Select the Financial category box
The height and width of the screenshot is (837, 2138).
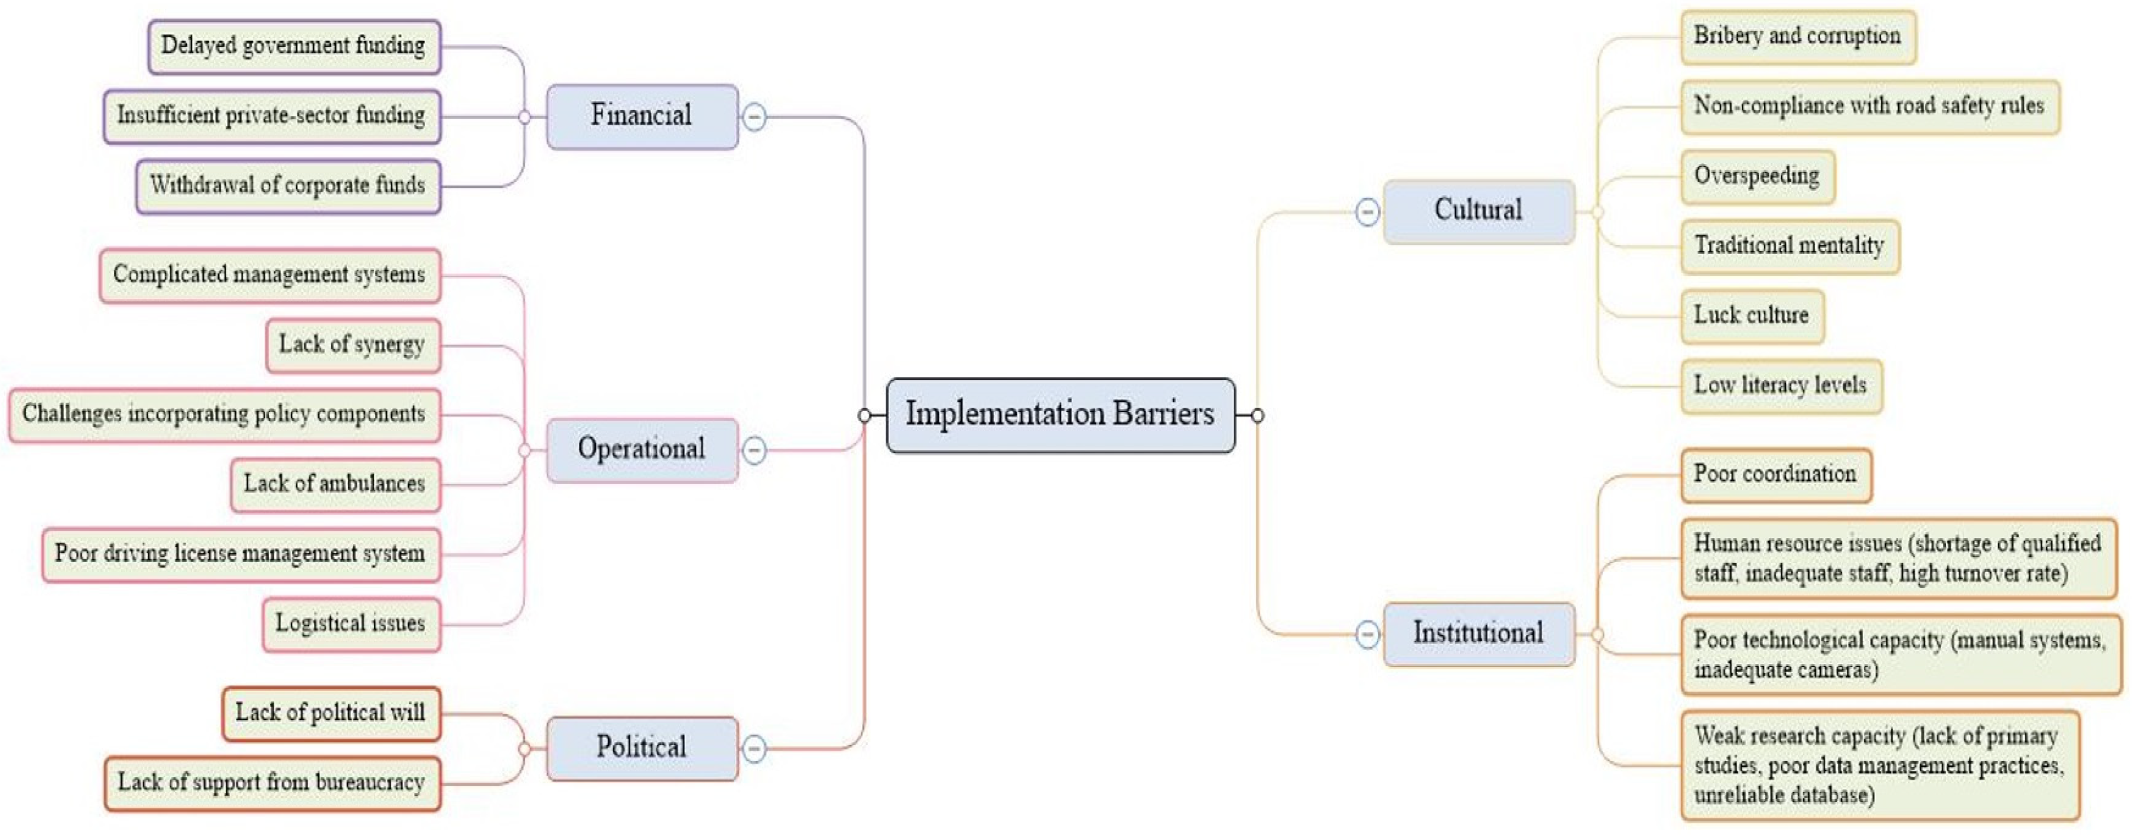click(x=642, y=116)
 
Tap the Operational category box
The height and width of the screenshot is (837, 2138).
click(x=642, y=450)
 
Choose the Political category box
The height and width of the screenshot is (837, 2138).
click(x=642, y=748)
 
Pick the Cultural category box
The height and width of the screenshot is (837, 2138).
click(x=1478, y=211)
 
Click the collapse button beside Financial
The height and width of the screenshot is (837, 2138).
click(x=753, y=117)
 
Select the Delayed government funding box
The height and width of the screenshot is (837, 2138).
click(x=294, y=47)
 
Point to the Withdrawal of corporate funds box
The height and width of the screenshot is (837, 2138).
click(x=288, y=186)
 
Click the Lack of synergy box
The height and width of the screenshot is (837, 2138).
click(x=353, y=345)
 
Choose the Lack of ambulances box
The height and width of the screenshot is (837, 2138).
click(x=335, y=485)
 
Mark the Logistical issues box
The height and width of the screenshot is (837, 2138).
click(x=351, y=625)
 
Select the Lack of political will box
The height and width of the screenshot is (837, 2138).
click(x=331, y=713)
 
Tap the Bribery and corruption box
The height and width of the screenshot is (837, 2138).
click(x=1798, y=37)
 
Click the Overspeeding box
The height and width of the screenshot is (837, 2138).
click(x=1757, y=177)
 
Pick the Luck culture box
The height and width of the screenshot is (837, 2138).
click(x=1752, y=316)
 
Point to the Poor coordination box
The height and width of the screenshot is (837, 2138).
click(x=1776, y=475)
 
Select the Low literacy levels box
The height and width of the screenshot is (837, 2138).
click(x=1781, y=386)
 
